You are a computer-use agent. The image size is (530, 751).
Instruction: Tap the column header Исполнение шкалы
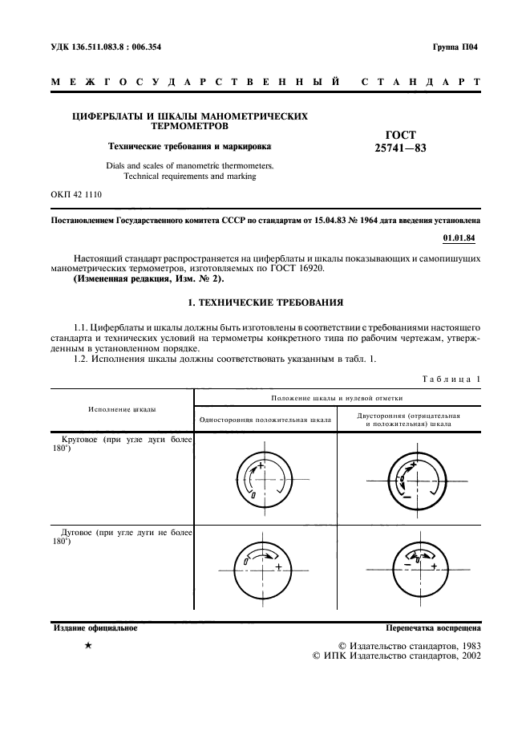(x=122, y=409)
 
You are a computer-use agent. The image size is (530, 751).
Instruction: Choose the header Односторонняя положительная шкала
(x=265, y=419)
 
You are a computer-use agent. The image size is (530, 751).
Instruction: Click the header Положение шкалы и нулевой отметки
(x=337, y=397)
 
